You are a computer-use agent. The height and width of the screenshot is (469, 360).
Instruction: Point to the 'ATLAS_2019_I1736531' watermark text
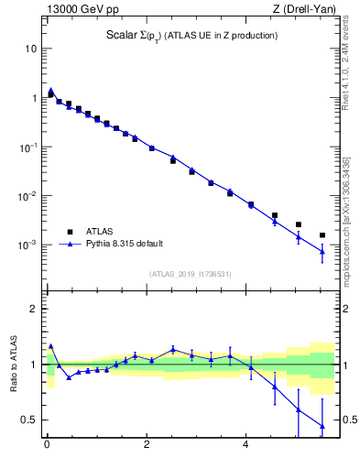coord(190,274)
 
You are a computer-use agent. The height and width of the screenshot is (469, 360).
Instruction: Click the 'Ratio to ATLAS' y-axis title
coord(14,362)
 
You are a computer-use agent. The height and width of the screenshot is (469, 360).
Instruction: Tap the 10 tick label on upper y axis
coord(30,48)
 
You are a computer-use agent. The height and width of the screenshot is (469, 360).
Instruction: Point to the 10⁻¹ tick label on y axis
coord(27,147)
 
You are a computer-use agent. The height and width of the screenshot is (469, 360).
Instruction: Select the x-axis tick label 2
coord(147,447)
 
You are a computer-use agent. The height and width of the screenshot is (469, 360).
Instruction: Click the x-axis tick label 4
coord(245,447)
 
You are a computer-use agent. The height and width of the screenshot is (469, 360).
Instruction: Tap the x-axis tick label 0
coord(47,447)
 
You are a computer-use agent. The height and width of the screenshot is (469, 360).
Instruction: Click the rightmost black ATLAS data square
coord(322,235)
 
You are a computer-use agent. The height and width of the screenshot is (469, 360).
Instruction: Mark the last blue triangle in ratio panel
coord(322,425)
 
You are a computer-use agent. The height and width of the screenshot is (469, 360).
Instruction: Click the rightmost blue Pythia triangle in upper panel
coord(322,251)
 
